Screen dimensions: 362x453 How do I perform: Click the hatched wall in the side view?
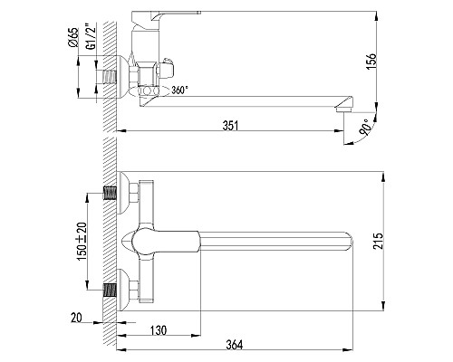pos(106,54)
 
